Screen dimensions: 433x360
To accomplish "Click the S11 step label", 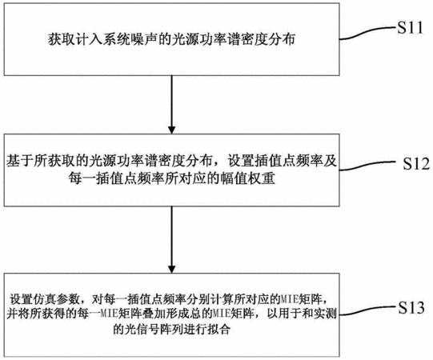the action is tap(410, 28).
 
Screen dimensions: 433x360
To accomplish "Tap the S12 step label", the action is tap(416, 163).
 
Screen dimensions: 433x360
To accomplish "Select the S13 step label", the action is tap(411, 307).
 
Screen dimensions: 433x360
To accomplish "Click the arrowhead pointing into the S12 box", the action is tap(172, 130).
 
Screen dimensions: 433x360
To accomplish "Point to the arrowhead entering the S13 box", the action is tap(172, 269).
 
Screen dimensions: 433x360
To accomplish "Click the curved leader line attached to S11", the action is tap(368, 33).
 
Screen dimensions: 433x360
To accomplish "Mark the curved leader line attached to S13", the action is tap(368, 310).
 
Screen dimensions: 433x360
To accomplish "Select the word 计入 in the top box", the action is tap(89, 39).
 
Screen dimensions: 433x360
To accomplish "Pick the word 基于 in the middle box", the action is tap(19, 161).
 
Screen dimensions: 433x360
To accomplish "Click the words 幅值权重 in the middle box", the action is tap(247, 178).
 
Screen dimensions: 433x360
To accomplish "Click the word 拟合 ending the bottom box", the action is tap(219, 329).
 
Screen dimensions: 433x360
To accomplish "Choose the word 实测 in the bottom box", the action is tap(325, 314).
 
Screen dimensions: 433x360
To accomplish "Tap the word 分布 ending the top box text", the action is tap(282, 39).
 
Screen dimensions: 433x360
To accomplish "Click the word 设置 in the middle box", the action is tap(242, 161).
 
